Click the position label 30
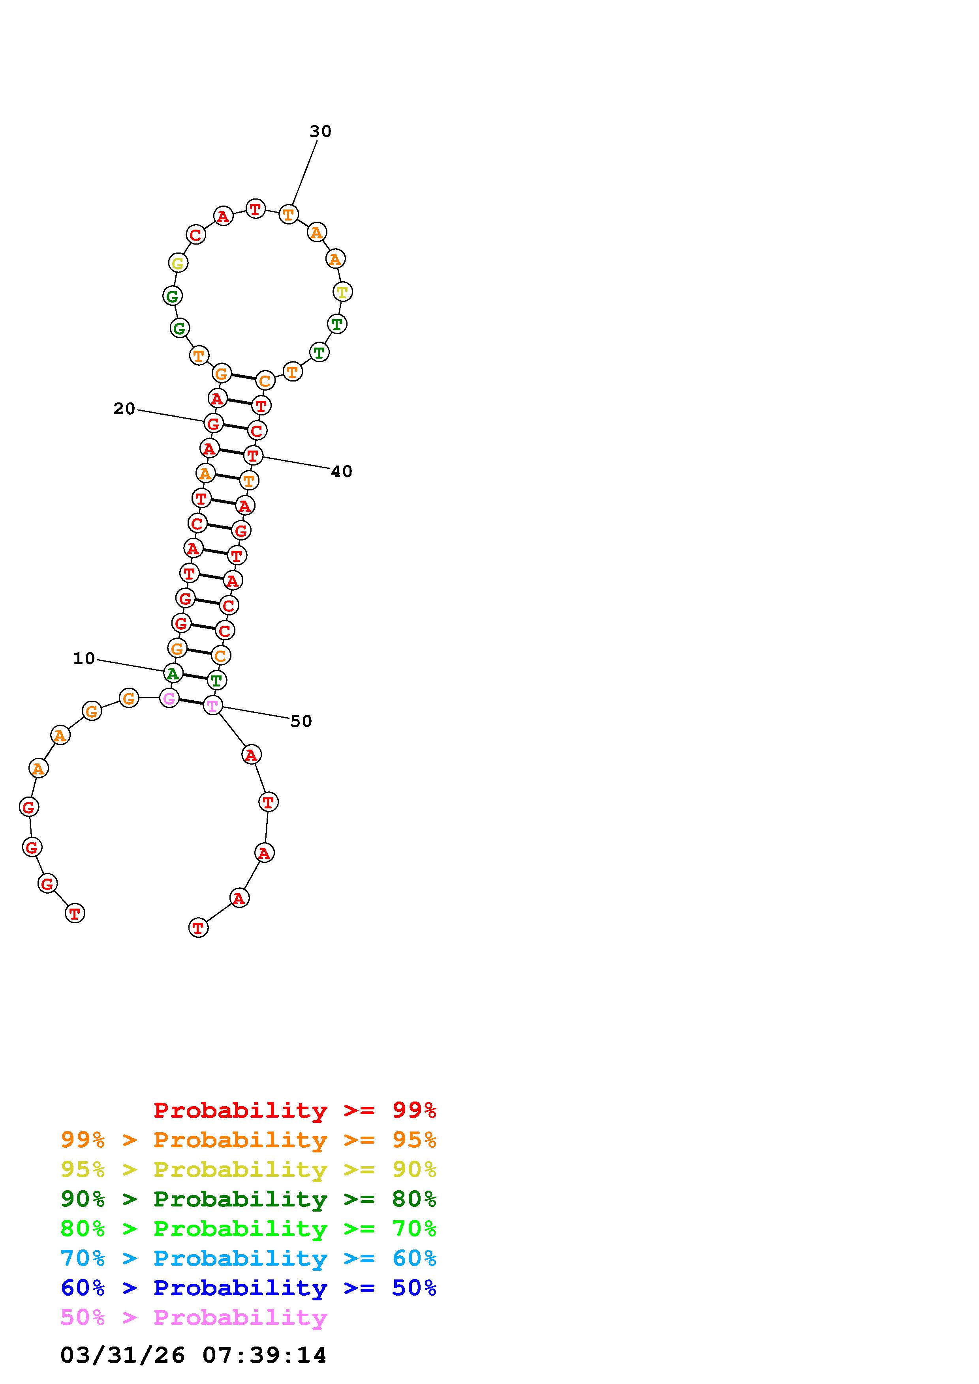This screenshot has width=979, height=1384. [320, 131]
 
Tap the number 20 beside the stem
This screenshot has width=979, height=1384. [124, 409]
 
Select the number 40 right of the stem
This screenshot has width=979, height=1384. [342, 471]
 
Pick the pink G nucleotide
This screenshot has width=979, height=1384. [169, 699]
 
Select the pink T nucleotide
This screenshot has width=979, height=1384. [212, 705]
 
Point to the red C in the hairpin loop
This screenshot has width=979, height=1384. [195, 234]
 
